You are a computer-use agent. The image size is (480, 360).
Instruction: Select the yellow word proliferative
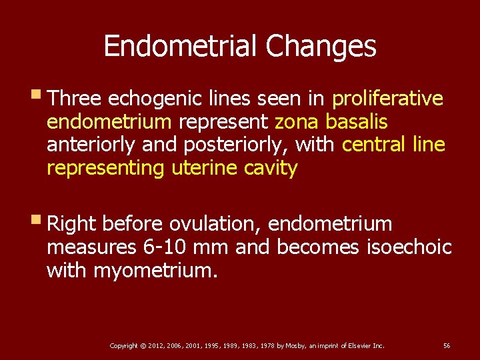(387, 99)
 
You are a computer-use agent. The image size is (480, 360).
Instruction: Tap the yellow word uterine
(202, 168)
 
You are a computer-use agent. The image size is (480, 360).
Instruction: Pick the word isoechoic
(409, 247)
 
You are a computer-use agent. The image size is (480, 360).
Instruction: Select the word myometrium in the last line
(155, 271)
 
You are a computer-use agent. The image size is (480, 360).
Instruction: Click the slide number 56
(447, 345)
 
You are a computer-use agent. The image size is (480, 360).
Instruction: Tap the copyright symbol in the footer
(143, 345)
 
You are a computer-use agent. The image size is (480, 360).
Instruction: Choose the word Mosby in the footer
(296, 345)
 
